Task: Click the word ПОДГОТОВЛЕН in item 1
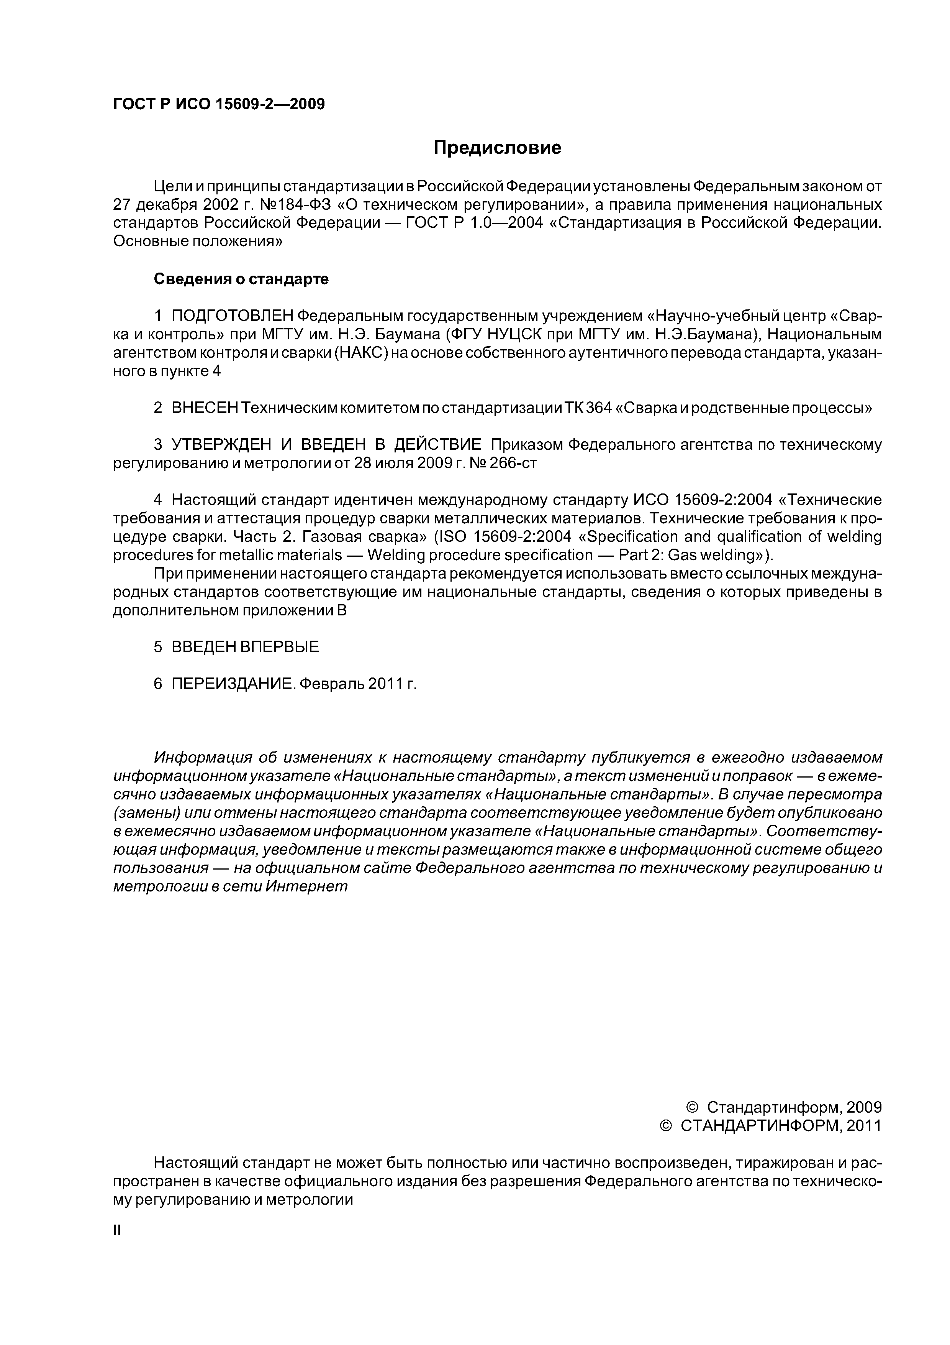click(232, 316)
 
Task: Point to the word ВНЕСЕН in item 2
click(204, 408)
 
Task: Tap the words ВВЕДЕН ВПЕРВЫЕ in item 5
click(245, 647)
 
